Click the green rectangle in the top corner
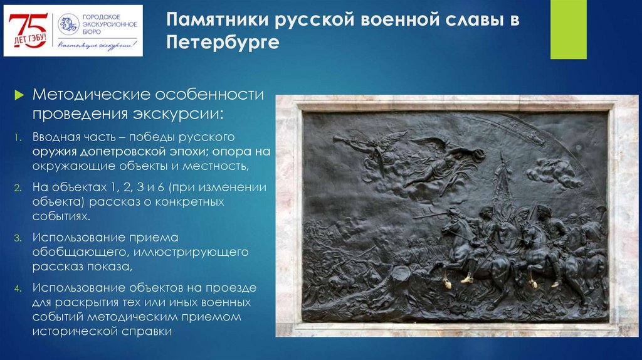[x=568, y=29]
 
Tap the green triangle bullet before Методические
[x=19, y=95]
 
